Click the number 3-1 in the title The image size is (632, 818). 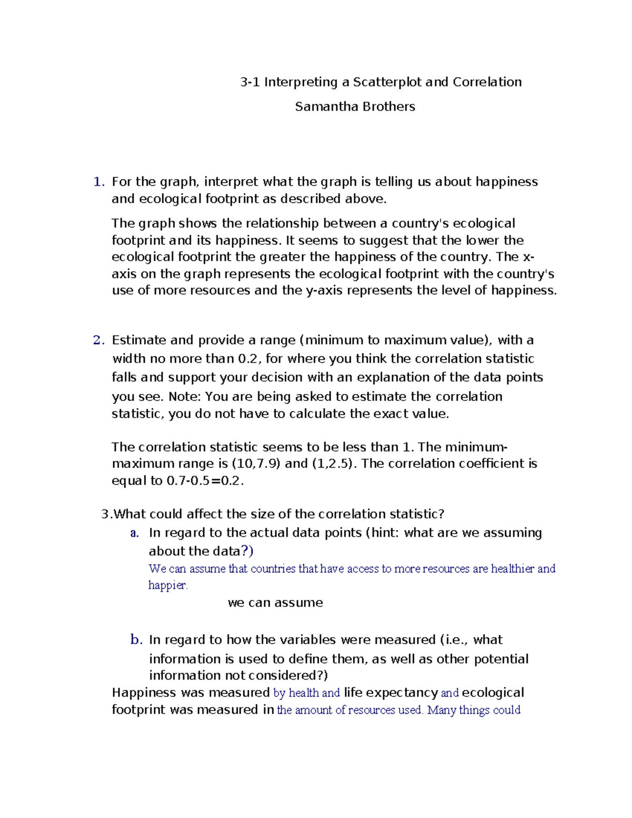pos(250,82)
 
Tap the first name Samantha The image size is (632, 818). pos(321,107)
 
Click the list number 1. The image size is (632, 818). pos(98,182)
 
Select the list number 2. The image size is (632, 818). pos(98,341)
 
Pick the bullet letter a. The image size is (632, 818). pos(134,533)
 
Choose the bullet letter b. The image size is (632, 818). pos(136,640)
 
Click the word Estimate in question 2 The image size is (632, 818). pos(138,341)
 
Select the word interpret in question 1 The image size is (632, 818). pos(231,182)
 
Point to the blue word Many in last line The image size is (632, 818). pos(441,710)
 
